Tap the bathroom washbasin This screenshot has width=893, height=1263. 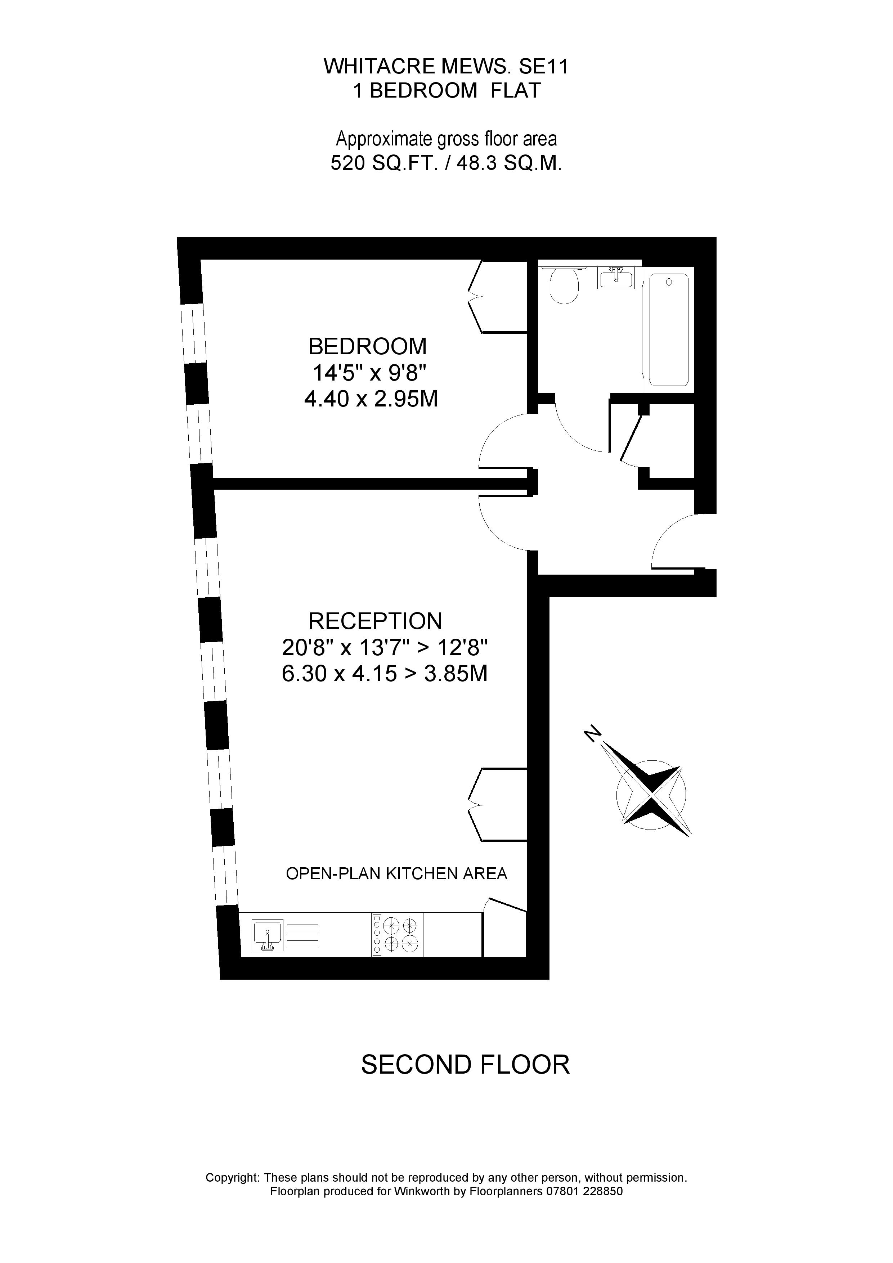(616, 278)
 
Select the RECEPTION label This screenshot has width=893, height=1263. (375, 621)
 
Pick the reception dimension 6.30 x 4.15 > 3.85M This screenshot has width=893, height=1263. (385, 673)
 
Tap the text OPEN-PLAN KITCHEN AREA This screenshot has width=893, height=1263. (396, 873)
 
